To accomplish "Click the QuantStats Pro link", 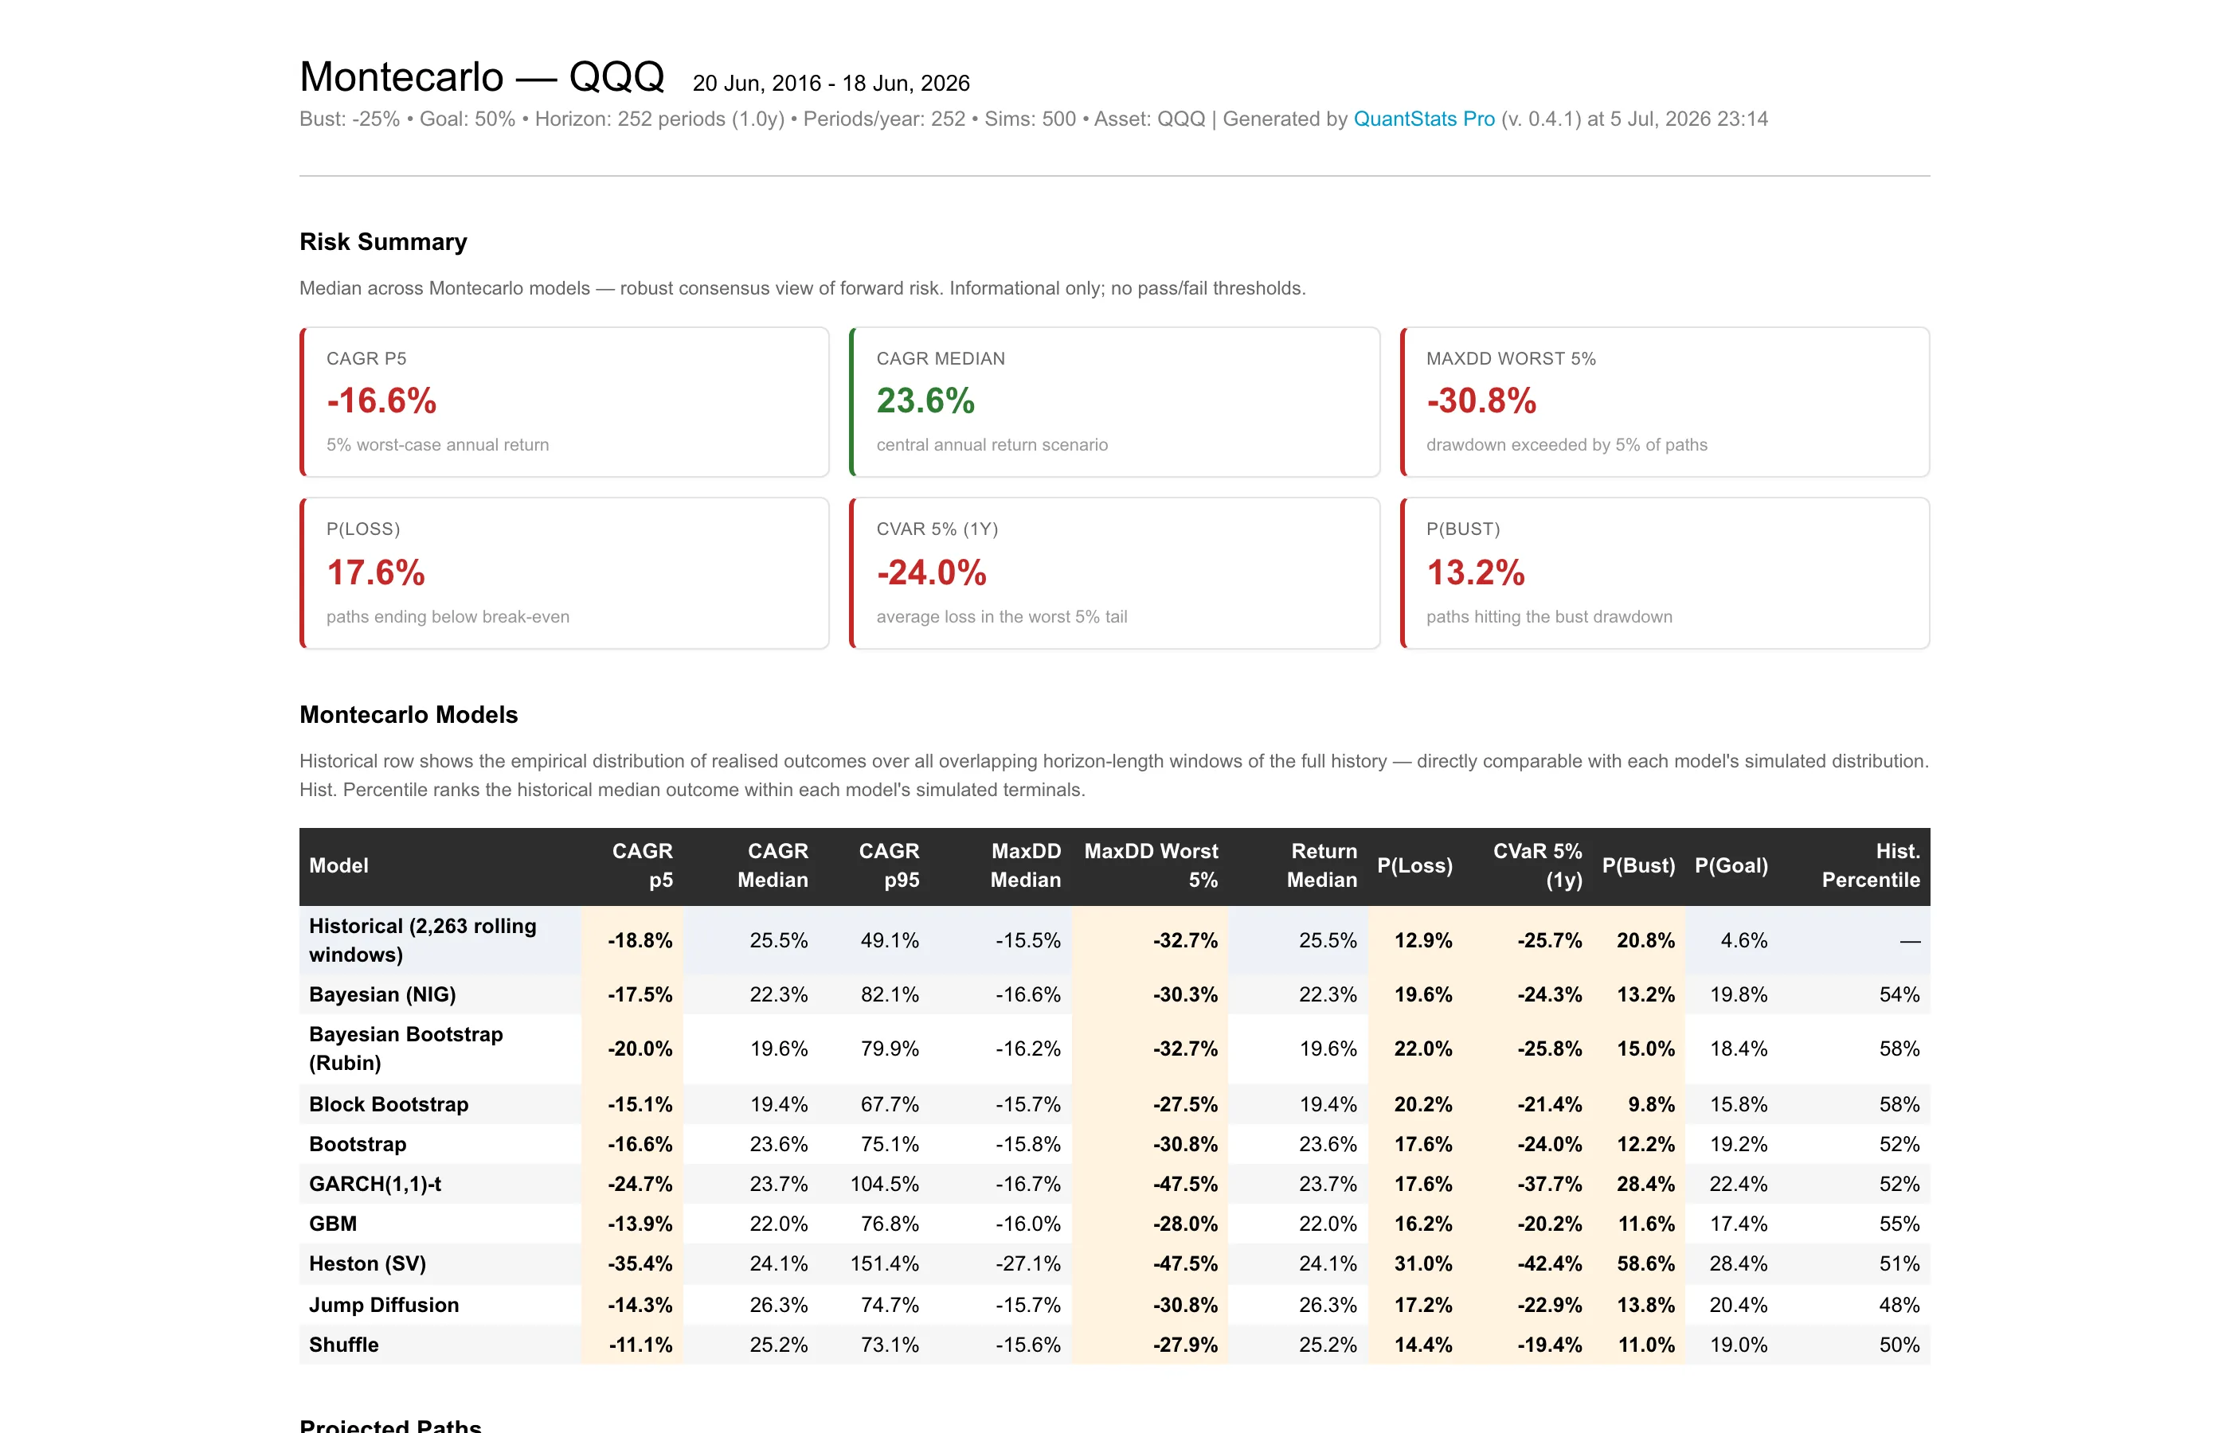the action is point(1423,119).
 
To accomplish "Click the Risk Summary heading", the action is point(383,242).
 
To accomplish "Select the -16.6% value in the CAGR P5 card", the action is point(381,401).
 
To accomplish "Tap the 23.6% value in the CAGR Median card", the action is point(925,401).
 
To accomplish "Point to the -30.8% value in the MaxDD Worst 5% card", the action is point(1481,401).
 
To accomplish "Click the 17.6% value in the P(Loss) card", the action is point(376,572).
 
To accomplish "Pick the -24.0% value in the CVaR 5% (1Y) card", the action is point(931,572).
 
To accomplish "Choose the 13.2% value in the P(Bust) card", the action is point(1475,572).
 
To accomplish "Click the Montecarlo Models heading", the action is point(409,715).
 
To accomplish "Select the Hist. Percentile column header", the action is point(1871,865).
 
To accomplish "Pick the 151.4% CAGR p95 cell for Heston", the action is point(884,1263).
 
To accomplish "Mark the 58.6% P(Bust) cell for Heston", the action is point(1645,1263).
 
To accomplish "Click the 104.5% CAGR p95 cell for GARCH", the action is point(884,1184).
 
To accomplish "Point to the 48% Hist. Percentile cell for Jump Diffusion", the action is point(1899,1305).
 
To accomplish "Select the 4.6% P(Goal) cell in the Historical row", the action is point(1743,940).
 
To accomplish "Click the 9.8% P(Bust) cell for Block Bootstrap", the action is point(1651,1104).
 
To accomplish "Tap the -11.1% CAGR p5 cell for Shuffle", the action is point(640,1345).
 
